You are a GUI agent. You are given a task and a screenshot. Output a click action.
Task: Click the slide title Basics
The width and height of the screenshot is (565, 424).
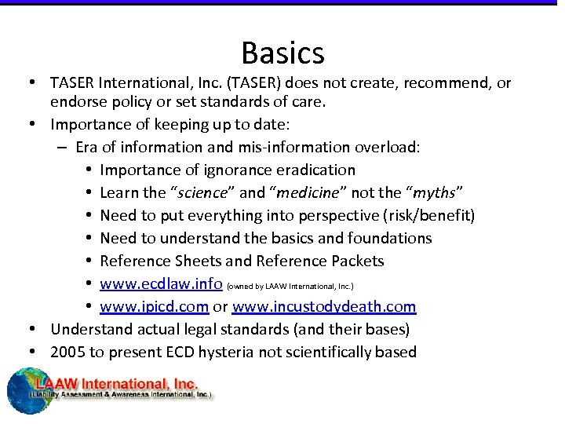[282, 53]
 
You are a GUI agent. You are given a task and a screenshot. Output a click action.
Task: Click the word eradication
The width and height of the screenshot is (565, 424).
[318, 170]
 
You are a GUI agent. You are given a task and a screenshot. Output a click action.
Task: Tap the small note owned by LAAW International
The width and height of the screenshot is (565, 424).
[290, 286]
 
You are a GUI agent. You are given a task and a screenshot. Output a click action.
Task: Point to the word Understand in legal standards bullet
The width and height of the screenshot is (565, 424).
[88, 329]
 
